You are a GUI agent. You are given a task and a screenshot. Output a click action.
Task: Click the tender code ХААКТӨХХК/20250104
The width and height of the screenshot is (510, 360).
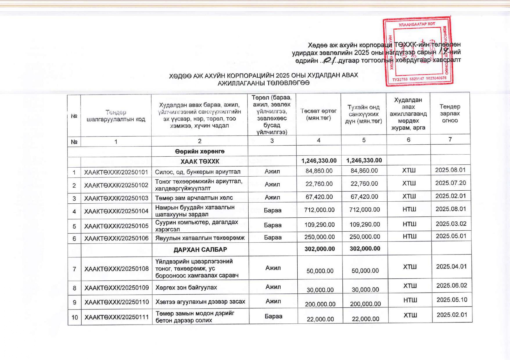[116, 211]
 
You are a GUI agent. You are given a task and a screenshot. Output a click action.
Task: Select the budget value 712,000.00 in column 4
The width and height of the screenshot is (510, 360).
[319, 210]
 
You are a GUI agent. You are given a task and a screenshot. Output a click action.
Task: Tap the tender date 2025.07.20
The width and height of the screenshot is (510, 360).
[450, 183]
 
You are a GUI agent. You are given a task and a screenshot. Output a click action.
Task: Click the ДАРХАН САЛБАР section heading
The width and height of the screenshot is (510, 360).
[200, 250]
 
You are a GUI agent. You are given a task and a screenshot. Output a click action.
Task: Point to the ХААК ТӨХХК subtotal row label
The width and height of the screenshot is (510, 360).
[200, 161]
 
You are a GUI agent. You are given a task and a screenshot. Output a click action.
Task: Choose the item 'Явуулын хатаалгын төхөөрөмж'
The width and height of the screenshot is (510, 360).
[200, 238]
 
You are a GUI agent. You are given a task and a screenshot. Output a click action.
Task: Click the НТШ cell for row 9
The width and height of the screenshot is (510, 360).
[410, 300]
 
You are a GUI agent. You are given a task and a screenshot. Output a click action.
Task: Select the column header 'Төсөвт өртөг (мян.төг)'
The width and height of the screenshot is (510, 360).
[319, 114]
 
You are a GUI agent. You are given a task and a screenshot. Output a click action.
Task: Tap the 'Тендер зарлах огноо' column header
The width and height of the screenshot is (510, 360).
[450, 114]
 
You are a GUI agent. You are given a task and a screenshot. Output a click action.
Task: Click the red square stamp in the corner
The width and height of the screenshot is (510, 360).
[418, 51]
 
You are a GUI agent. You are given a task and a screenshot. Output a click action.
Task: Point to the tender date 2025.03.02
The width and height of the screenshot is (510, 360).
[451, 224]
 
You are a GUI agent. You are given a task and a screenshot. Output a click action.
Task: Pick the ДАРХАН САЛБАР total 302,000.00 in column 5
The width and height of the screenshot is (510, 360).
[365, 249]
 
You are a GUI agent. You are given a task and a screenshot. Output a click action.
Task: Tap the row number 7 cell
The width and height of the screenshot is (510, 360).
[74, 269]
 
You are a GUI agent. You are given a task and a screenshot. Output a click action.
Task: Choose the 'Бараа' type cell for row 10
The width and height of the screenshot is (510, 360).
[273, 316]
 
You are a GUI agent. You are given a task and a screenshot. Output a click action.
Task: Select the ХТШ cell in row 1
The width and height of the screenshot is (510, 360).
[409, 170]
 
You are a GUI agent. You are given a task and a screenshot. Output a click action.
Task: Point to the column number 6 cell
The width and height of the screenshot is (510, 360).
[408, 140]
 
